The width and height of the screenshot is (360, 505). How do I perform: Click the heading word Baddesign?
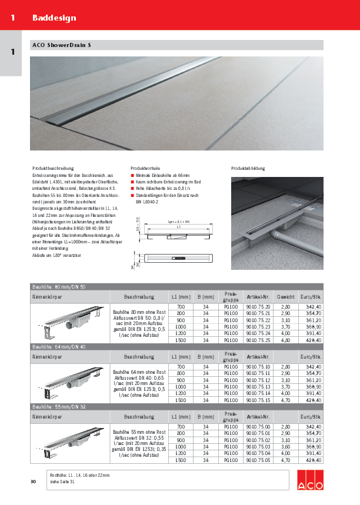click(54, 18)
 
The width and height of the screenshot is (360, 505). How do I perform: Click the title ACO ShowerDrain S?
click(61, 45)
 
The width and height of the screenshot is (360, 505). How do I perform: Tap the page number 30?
click(33, 482)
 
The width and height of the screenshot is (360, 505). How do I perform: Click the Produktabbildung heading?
click(248, 168)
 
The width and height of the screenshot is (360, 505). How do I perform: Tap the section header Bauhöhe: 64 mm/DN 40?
click(59, 347)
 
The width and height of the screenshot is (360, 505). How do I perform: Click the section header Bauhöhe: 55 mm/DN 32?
click(59, 406)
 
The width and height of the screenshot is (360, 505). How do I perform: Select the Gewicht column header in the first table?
click(286, 297)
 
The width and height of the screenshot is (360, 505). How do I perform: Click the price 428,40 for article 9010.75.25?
click(311, 340)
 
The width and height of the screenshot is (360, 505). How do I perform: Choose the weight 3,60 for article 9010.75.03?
click(286, 447)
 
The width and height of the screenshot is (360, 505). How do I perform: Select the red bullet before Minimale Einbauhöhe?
click(132, 175)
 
